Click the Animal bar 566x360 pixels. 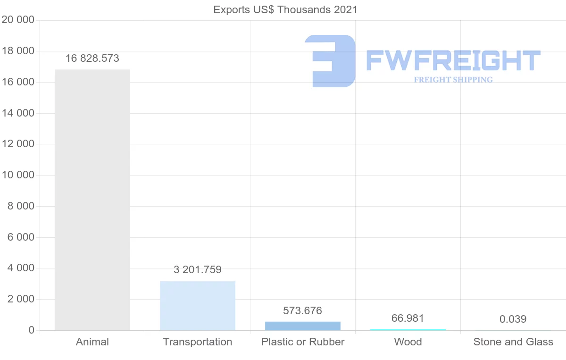[92, 200]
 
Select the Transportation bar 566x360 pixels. [198, 306]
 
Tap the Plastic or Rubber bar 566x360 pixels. [303, 326]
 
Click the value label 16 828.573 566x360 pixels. [92, 59]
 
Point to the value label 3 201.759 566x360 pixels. [198, 270]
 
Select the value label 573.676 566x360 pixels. [303, 310]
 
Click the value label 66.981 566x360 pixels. [408, 318]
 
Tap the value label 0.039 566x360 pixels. [513, 319]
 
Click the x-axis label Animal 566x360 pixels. [92, 342]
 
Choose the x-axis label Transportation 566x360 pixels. [198, 342]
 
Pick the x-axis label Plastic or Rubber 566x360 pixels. [303, 342]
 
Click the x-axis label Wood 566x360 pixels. [408, 342]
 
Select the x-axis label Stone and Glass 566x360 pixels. [513, 342]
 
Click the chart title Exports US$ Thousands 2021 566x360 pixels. [286, 9]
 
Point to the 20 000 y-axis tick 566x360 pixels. [18, 20]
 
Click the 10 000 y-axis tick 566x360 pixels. [18, 175]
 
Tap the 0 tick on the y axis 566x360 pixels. [31, 330]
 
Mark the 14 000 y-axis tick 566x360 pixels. [18, 113]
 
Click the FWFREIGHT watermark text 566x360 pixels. [453, 60]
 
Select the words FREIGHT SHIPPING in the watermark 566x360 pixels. [453, 80]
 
